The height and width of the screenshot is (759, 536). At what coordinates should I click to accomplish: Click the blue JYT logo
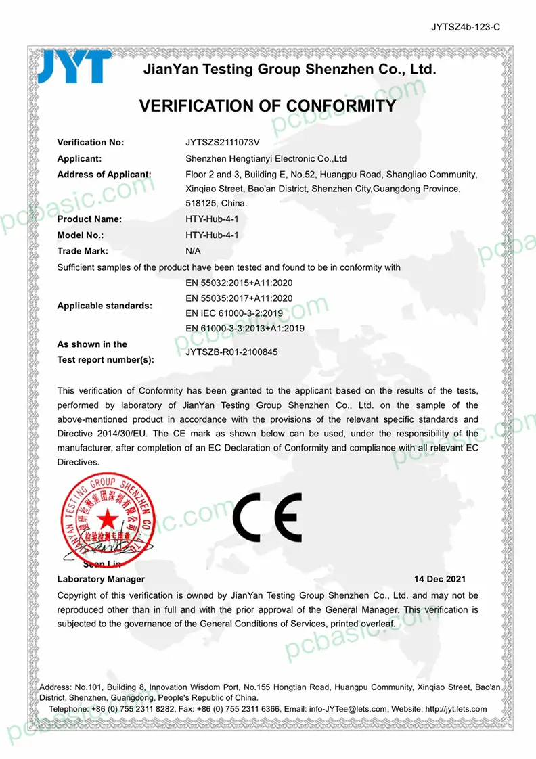(x=74, y=66)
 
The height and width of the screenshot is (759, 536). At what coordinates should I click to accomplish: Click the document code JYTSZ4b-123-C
(x=465, y=28)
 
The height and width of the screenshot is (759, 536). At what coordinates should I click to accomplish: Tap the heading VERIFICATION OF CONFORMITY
(x=267, y=106)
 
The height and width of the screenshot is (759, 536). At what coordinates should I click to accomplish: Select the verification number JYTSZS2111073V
(x=223, y=143)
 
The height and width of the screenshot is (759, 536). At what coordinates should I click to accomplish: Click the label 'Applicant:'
(x=79, y=158)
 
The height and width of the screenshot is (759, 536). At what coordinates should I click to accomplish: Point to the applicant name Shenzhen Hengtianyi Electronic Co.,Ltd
(x=266, y=158)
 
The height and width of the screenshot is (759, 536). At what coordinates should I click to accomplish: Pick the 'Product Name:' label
(x=89, y=219)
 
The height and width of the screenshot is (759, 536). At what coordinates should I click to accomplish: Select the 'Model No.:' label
(x=81, y=235)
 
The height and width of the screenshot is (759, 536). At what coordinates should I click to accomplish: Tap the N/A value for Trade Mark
(x=193, y=251)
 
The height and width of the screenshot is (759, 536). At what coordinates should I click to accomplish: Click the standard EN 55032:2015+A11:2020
(x=239, y=283)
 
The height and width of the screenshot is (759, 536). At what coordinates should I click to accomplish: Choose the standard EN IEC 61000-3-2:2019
(x=233, y=313)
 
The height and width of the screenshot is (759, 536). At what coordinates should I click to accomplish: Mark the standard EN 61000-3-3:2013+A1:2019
(x=244, y=329)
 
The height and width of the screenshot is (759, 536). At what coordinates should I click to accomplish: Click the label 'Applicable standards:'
(x=104, y=306)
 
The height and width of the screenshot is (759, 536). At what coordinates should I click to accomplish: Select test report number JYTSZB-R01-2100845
(x=231, y=352)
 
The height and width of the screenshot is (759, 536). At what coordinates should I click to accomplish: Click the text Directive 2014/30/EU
(x=103, y=434)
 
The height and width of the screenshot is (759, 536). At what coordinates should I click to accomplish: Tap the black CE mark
(x=267, y=519)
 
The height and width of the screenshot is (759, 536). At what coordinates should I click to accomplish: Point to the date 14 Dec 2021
(x=440, y=579)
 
